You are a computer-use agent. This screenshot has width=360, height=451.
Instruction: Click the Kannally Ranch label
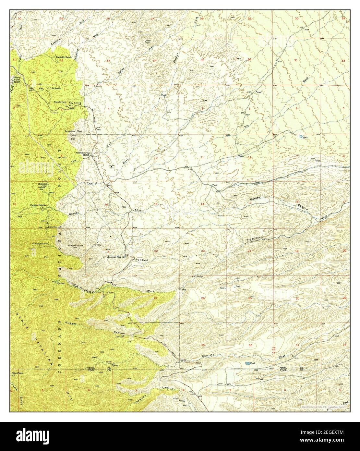tap(64, 57)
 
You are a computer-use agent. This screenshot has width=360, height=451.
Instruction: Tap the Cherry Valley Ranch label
tap(17, 79)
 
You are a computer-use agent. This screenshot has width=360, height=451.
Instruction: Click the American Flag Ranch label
tap(83, 153)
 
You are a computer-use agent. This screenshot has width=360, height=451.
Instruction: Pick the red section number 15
tap(156, 204)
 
